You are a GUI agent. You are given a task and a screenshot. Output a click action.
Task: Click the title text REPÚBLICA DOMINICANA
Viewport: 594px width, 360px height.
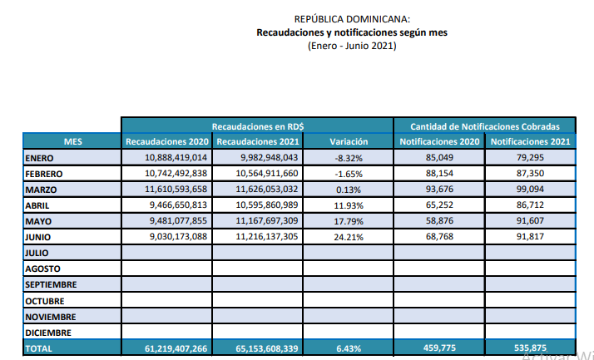pyautogui.click(x=352, y=19)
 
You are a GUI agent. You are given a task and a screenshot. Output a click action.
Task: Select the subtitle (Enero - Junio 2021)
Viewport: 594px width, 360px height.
pyautogui.click(x=352, y=46)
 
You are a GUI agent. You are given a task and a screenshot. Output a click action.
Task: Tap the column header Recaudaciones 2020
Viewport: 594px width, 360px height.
pyautogui.click(x=167, y=141)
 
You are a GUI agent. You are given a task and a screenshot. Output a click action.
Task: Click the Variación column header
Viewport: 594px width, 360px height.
pyautogui.click(x=349, y=141)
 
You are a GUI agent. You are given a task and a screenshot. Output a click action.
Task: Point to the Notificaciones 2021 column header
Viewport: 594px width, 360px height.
pyautogui.click(x=531, y=141)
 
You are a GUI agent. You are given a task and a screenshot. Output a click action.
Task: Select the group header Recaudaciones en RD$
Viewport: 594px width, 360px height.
pyautogui.click(x=258, y=126)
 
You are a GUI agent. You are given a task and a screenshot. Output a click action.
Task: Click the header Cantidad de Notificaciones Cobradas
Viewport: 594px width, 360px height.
pyautogui.click(x=485, y=126)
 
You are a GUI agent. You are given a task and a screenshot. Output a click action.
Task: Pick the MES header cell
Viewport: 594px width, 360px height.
pyautogui.click(x=72, y=141)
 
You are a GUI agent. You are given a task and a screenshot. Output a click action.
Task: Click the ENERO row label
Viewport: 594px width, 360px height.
pyautogui.click(x=39, y=158)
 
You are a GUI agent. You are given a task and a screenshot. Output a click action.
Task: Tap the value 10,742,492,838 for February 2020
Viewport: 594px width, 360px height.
pyautogui.click(x=176, y=174)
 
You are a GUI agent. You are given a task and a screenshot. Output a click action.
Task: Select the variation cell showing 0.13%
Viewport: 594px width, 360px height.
pyautogui.click(x=349, y=190)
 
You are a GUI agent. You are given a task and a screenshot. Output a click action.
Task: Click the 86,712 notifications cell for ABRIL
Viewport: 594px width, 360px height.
pyautogui.click(x=530, y=205)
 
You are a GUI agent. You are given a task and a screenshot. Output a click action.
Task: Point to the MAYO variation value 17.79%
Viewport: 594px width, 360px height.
pyautogui.click(x=349, y=221)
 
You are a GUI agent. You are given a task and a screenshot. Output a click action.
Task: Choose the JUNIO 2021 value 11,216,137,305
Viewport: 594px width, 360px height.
pyautogui.click(x=267, y=237)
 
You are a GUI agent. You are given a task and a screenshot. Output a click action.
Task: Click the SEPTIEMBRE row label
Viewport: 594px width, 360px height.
pyautogui.click(x=51, y=284)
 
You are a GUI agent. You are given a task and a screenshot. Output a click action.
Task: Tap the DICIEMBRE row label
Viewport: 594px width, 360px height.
pyautogui.click(x=48, y=333)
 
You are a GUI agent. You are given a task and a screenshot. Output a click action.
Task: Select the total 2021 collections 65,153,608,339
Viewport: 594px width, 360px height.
pyautogui.click(x=267, y=348)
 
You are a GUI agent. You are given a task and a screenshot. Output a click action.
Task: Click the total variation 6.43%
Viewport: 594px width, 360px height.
pyautogui.click(x=349, y=348)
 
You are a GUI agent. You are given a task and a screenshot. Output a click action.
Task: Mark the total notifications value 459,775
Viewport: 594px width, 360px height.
pyautogui.click(x=439, y=348)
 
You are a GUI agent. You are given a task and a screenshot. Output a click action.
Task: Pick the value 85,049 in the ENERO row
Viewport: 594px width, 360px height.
pyautogui.click(x=439, y=157)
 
